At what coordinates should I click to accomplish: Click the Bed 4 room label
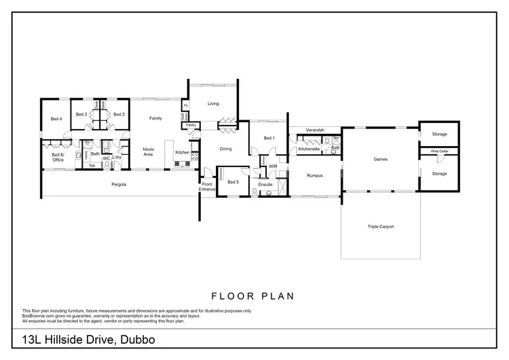56,119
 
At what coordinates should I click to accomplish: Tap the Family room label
156,119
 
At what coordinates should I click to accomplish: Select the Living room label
213,104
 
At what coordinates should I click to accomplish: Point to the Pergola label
119,184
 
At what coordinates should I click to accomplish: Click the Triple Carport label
380,227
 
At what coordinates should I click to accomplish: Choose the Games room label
381,160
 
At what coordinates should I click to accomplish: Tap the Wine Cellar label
439,151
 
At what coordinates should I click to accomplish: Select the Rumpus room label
314,175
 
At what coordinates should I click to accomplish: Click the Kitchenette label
309,149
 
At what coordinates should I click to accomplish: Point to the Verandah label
314,129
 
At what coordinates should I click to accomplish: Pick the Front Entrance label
208,186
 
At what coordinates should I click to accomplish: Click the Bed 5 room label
233,182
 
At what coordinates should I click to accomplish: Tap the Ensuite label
265,184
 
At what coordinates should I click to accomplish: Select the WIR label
273,166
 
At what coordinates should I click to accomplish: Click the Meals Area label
149,152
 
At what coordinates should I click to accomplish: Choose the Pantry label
191,125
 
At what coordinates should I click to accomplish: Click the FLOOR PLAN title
254,296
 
